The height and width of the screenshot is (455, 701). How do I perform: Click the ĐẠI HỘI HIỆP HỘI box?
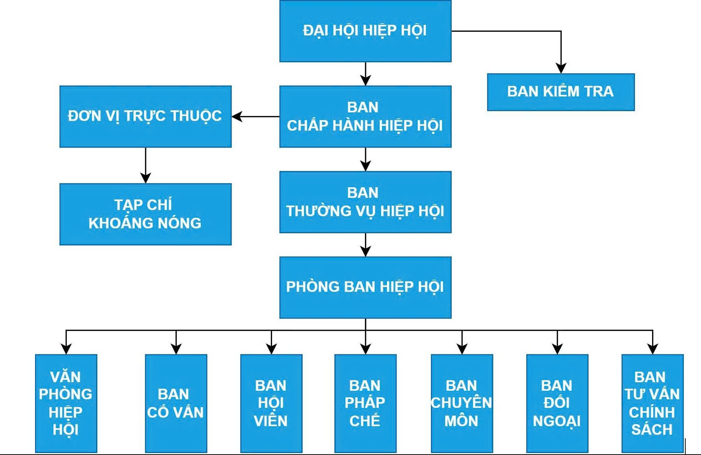coord(365,31)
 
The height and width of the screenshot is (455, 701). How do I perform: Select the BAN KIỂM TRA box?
coord(561,92)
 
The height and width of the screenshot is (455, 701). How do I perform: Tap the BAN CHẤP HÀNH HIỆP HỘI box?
coord(365,116)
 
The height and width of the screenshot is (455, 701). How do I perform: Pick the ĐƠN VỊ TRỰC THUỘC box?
coord(145,116)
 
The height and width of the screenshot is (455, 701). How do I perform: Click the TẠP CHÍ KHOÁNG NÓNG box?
coord(145,214)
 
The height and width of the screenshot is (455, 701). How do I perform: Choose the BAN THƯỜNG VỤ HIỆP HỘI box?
coord(365,202)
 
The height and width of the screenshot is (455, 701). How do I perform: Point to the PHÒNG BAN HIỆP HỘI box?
coord(365,287)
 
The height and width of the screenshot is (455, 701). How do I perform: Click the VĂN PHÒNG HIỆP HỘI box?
coord(66,403)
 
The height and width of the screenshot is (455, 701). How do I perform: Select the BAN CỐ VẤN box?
coord(176,403)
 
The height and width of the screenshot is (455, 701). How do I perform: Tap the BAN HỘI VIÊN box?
coord(271,403)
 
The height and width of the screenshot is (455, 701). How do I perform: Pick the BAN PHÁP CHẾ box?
coord(365,403)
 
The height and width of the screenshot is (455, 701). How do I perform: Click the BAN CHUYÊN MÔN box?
coord(462,403)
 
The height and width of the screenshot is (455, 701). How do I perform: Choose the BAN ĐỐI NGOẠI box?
coord(557,403)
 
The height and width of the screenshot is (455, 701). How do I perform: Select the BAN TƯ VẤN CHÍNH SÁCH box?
coord(652,403)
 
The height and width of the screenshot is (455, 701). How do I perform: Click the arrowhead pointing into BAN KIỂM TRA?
coord(561,69)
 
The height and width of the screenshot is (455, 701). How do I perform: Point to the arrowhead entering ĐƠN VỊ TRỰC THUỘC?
coord(237,117)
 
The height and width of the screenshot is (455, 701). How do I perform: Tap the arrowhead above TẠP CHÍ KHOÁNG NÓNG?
coord(146,178)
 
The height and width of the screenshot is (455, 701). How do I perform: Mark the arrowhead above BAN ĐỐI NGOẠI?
coord(557,349)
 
